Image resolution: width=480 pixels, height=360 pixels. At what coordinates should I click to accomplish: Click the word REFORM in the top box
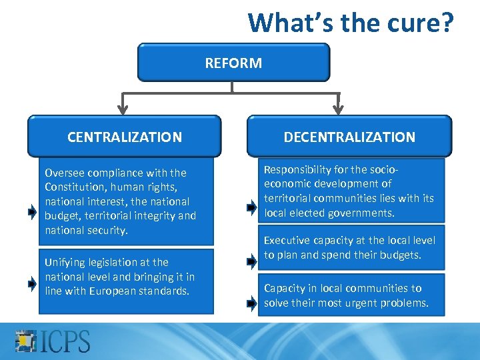tap(233, 63)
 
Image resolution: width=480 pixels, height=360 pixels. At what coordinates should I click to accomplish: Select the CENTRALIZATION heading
tap(124, 137)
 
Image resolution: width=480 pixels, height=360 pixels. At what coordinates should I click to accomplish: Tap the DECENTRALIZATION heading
tap(349, 137)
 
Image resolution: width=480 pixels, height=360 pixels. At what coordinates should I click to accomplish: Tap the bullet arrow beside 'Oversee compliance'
tap(32, 213)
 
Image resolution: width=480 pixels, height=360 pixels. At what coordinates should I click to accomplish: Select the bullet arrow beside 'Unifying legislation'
tap(32, 284)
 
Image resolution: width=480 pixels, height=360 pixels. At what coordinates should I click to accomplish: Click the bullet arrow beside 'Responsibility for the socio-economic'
tap(251, 208)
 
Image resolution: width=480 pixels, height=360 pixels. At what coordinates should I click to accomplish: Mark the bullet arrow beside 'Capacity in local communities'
tap(251, 304)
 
